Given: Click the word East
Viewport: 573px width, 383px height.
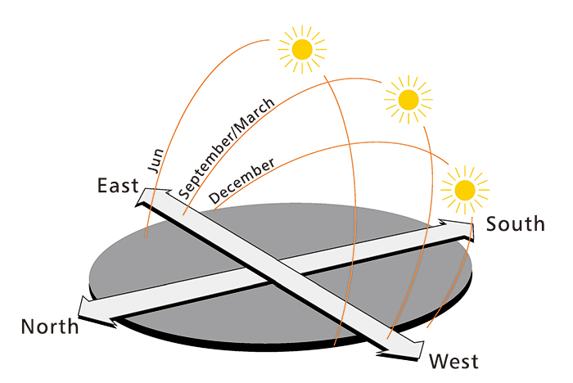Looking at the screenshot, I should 118,186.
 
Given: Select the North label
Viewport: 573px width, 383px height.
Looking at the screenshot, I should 50,327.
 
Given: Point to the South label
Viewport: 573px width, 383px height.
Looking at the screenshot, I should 515,223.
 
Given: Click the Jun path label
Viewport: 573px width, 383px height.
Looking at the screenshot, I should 157,157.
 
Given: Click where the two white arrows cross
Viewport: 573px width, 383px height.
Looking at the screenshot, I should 271,271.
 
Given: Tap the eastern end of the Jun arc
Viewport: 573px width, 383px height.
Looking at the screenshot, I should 145,237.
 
